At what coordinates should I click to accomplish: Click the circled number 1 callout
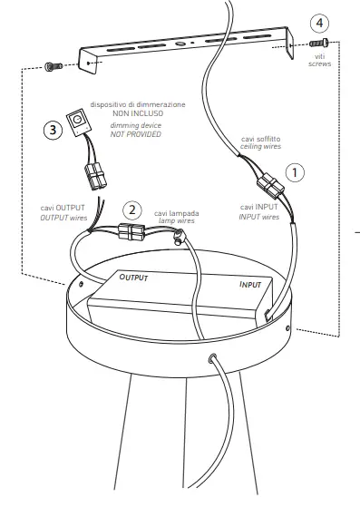tap(296, 171)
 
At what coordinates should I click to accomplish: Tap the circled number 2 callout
tap(132, 210)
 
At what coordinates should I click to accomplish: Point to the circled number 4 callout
tap(316, 22)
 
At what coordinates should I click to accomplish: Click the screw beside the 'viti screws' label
tap(317, 43)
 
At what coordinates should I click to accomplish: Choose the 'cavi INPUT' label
tap(261, 208)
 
